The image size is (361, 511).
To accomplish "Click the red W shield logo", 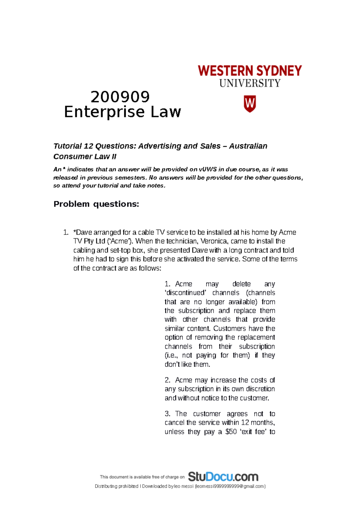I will click(249, 104).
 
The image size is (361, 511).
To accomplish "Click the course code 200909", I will click(120, 97).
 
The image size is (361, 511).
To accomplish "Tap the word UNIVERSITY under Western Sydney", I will click(250, 83).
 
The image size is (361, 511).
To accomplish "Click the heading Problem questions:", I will click(96, 204).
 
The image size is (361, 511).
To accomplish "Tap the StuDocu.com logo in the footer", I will click(223, 477).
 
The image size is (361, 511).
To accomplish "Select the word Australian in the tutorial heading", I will click(248, 146).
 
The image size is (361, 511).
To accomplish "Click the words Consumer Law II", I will click(85, 156).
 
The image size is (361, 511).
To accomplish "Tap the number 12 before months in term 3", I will click(245, 423).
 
